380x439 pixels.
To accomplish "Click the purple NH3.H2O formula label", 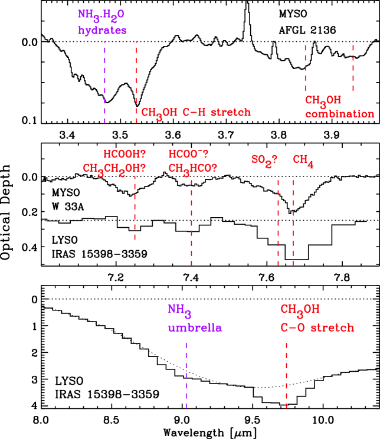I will [x=101, y=15].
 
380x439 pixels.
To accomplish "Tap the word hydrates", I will [x=102, y=31].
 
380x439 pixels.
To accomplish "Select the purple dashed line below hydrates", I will [x=105, y=82].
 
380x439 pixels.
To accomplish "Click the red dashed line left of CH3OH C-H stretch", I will [x=136, y=82].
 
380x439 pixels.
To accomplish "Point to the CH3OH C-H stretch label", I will [x=196, y=113].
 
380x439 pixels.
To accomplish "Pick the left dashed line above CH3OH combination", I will [x=305, y=67].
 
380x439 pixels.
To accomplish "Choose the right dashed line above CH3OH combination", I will [x=353, y=67].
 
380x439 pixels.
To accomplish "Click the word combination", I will [x=339, y=114].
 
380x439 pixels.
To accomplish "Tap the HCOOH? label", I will [x=124, y=154].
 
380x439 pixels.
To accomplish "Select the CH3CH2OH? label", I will [x=114, y=169].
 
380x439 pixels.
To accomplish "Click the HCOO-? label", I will [x=188, y=154].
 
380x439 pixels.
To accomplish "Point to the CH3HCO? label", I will [x=192, y=169].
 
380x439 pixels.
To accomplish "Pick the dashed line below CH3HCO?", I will [x=191, y=223].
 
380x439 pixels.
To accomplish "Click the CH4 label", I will [x=303, y=160].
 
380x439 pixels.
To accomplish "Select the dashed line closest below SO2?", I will [x=278, y=223].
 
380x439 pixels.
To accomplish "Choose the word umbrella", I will [x=195, y=327].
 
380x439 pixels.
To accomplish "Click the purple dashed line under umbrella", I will [x=186, y=375].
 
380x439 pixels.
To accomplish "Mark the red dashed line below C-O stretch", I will [x=286, y=375].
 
